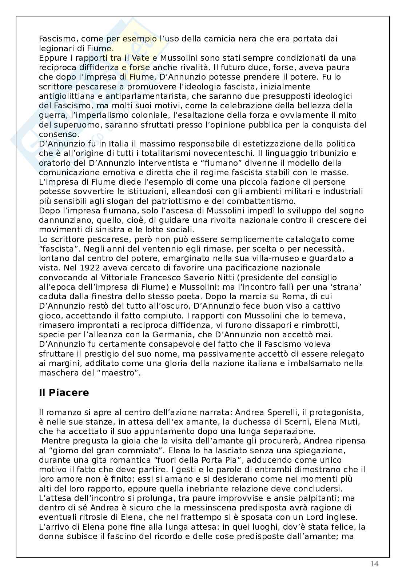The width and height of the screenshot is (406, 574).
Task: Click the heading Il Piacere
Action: pos(64,393)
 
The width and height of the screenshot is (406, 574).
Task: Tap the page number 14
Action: pos(374,564)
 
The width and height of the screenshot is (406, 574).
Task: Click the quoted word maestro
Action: pos(122,372)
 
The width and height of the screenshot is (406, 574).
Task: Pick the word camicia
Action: pos(212,39)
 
